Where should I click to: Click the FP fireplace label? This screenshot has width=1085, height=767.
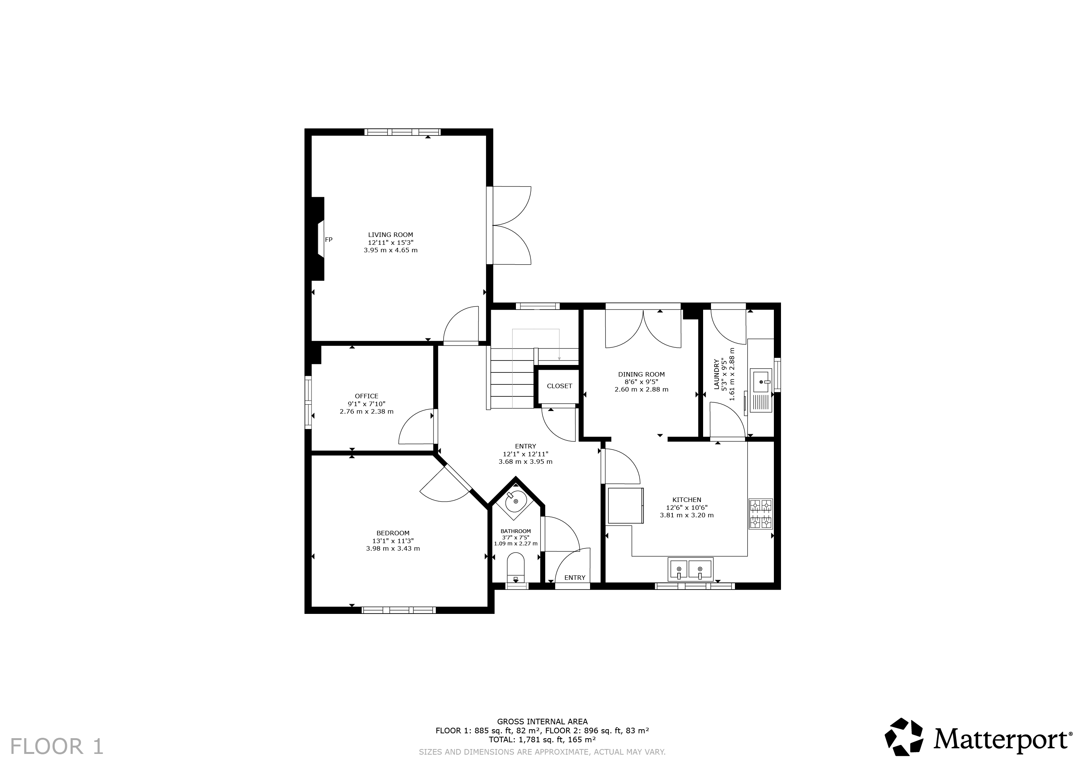click(328, 240)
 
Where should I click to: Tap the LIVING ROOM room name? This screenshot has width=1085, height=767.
click(390, 235)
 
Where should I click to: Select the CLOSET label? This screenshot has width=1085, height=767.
click(559, 386)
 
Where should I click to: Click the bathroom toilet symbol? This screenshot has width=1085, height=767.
click(516, 569)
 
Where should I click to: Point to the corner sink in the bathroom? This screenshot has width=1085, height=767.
click(516, 500)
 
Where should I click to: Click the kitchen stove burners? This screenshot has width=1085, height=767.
click(760, 514)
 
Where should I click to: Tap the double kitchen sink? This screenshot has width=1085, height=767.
click(690, 569)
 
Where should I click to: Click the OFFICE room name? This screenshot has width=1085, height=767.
click(367, 396)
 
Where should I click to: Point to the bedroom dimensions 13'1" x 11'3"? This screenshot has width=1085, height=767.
click(393, 541)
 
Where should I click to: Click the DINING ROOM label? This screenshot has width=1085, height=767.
click(641, 374)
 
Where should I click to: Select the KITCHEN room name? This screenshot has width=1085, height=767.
click(687, 499)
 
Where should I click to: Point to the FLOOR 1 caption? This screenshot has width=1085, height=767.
click(57, 747)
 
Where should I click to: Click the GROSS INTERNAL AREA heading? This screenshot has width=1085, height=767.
click(542, 722)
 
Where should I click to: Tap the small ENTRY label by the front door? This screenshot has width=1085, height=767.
click(575, 578)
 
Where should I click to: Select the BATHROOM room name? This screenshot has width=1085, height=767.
click(516, 531)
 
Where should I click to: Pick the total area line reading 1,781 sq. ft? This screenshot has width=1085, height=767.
click(542, 740)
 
